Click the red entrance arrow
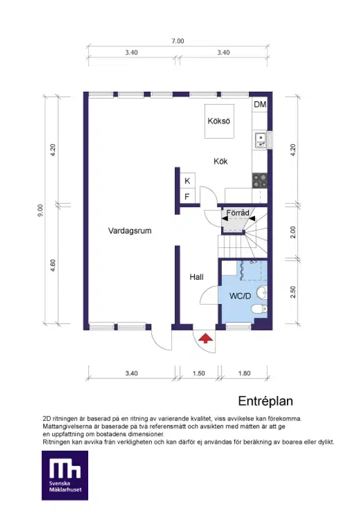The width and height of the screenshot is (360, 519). (x=206, y=339)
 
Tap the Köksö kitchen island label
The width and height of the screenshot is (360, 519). (x=219, y=121)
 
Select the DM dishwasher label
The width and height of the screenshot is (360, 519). (x=260, y=104)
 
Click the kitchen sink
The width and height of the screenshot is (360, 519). (x=261, y=140)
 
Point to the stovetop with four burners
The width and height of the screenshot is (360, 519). (x=259, y=181)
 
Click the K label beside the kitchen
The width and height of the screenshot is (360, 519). (x=187, y=181)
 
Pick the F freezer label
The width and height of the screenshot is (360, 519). (x=187, y=197)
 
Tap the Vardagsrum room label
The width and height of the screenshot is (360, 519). (x=130, y=230)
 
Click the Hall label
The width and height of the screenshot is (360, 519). (x=197, y=277)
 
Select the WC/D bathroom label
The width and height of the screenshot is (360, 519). (x=240, y=296)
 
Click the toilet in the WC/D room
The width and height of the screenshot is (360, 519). (x=259, y=309)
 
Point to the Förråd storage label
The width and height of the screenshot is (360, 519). (x=237, y=212)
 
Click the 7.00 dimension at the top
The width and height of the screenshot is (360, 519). (x=178, y=41)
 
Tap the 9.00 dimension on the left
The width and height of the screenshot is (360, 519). (x=40, y=210)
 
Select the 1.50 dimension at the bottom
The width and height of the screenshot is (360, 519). (x=199, y=373)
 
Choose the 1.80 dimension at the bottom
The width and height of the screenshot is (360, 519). (x=244, y=373)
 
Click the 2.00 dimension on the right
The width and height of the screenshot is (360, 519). (x=292, y=232)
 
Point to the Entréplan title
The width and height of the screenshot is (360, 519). (x=266, y=401)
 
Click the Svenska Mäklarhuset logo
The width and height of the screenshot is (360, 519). (x=65, y=475)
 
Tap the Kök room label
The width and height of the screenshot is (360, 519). (x=221, y=161)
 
